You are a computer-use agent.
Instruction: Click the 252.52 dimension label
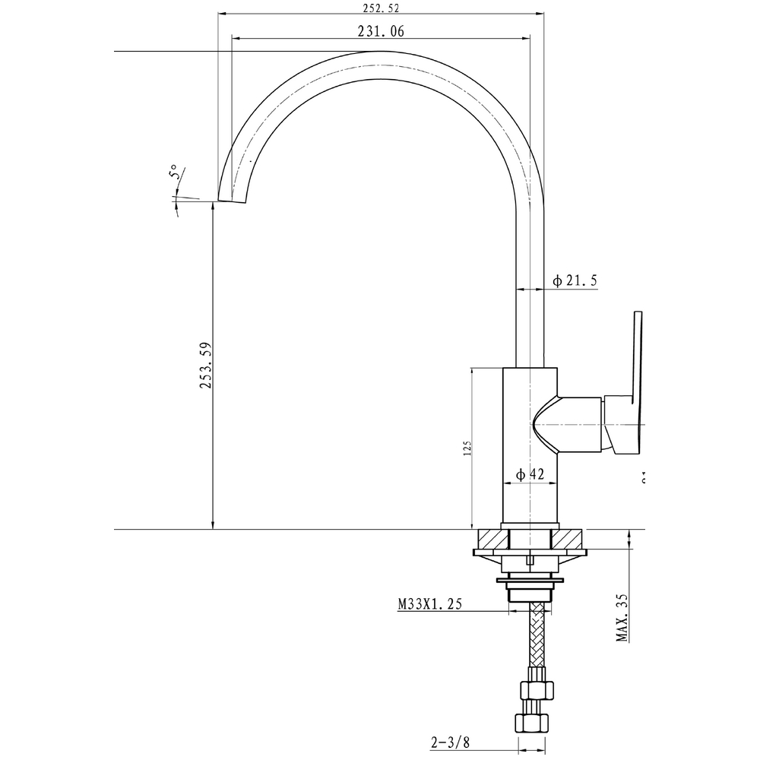pos(382,8)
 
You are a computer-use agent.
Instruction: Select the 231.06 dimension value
pos(380,31)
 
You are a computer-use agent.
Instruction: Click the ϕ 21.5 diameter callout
pos(575,281)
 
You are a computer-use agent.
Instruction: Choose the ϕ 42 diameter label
pos(530,474)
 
